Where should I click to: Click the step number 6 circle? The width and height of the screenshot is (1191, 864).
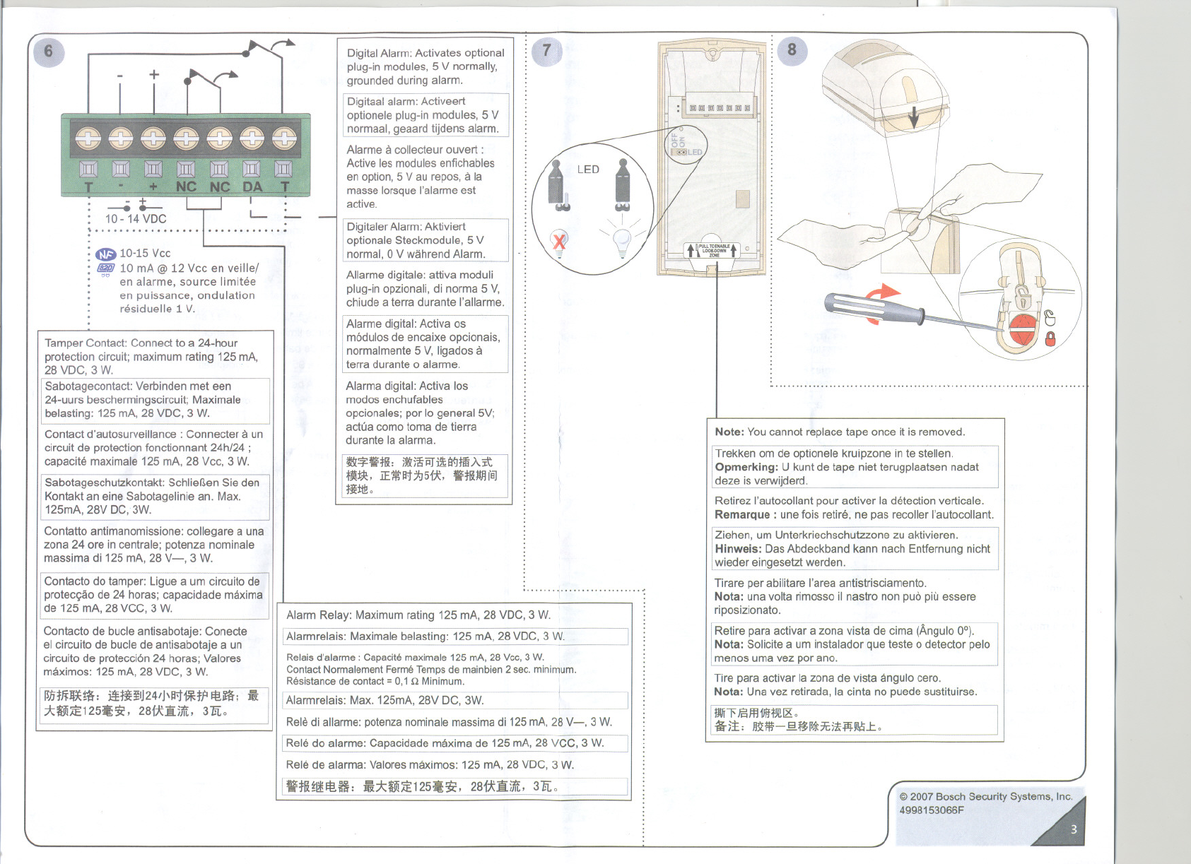coord(48,52)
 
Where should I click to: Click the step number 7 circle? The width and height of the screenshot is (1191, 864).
coord(546,51)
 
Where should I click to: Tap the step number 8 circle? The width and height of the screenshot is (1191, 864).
coord(792,50)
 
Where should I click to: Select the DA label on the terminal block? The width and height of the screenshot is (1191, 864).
coord(252,187)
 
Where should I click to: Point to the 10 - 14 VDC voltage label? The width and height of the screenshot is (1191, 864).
coord(136,218)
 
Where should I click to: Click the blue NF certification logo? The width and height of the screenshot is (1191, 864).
coord(105,254)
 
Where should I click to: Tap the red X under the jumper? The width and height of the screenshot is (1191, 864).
coord(559,242)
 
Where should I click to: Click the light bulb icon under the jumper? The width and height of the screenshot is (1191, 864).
coord(621,242)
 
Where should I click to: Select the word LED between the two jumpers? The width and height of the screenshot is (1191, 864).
coord(588,170)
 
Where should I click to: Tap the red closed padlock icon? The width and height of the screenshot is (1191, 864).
coord(1050,338)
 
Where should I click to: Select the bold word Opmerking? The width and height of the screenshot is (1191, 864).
coord(746,467)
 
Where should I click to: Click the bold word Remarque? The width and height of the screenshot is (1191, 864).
coord(742,514)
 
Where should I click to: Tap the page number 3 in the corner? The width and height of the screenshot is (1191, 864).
coord(1073,829)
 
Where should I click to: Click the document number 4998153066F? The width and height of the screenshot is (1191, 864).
coord(931,810)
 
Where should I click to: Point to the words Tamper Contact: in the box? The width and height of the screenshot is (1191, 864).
coord(86,343)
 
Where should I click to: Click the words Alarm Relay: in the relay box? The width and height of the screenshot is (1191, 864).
coord(318,615)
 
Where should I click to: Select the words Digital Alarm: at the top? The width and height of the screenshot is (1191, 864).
coord(379,53)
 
